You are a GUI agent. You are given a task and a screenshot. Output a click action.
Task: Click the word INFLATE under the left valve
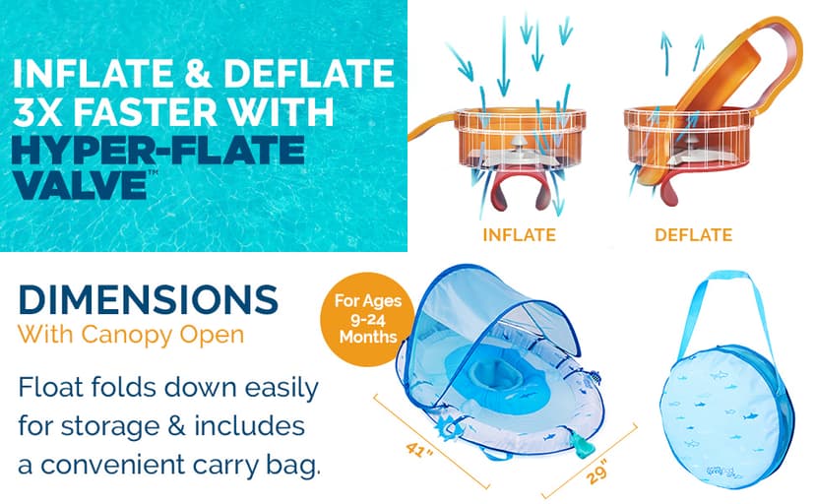coord(519,235)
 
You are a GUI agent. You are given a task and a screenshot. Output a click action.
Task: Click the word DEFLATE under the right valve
coord(693,235)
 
